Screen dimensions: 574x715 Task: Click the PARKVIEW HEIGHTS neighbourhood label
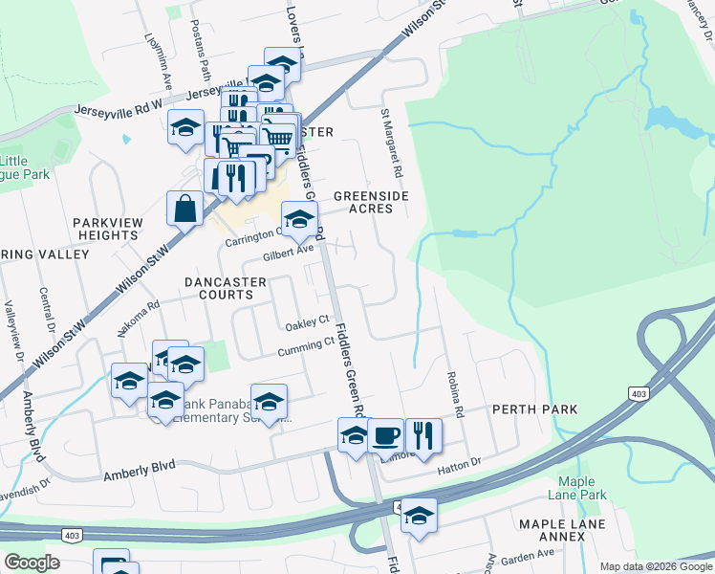(106, 228)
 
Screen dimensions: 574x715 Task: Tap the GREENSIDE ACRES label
(371, 202)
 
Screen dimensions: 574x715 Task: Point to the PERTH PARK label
(534, 409)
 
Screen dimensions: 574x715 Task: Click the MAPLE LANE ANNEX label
(552, 530)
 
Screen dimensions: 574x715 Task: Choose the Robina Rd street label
(453, 398)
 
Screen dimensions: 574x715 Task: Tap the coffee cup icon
(385, 435)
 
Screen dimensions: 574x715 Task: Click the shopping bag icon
(184, 209)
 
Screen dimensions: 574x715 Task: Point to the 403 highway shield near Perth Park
(638, 393)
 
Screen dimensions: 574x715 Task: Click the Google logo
(32, 563)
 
